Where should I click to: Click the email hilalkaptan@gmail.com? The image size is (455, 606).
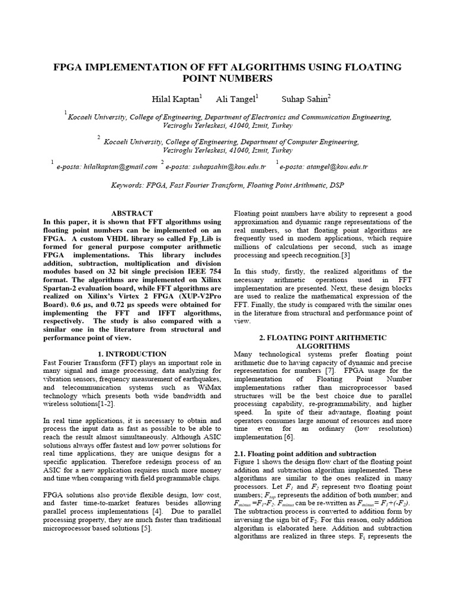click(107, 167)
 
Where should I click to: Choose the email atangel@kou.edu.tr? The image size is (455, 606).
click(323, 167)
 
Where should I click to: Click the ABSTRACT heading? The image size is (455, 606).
click(132, 213)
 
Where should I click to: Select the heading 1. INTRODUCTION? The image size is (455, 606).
click(132, 354)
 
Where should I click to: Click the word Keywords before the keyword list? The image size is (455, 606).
click(129, 185)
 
